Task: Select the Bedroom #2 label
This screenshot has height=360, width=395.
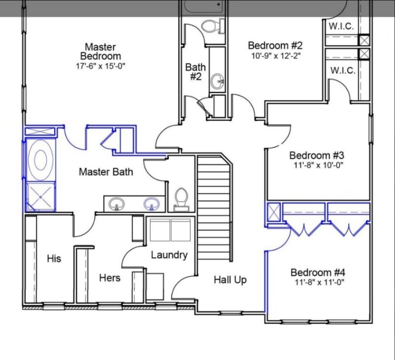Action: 275,46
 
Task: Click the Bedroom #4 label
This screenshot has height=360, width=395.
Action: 317,273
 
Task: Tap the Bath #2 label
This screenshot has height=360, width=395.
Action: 196,71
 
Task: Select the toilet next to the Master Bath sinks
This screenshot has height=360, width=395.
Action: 181,199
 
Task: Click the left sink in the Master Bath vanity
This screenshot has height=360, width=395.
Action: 117,203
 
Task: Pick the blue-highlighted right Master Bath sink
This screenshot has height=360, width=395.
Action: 151,203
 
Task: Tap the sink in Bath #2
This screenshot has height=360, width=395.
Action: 217,81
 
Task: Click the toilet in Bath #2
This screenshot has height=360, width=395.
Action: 210,26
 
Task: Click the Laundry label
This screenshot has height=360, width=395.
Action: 169,255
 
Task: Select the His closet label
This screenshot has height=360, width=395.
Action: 54,258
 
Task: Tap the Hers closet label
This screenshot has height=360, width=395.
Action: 110,278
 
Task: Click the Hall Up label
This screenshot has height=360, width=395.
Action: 230,280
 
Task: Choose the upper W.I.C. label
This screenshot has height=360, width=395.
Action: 341,26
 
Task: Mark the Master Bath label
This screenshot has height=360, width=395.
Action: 106,172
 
